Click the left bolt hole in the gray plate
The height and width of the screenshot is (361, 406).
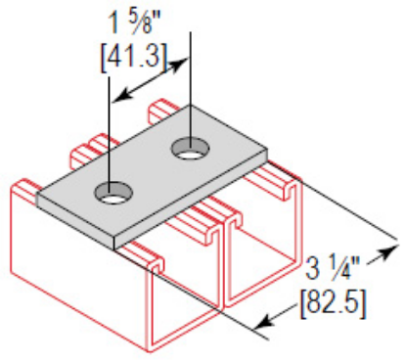(115, 193)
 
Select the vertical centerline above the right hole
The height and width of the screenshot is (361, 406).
(190, 88)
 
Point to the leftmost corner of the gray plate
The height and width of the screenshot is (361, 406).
(37, 195)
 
